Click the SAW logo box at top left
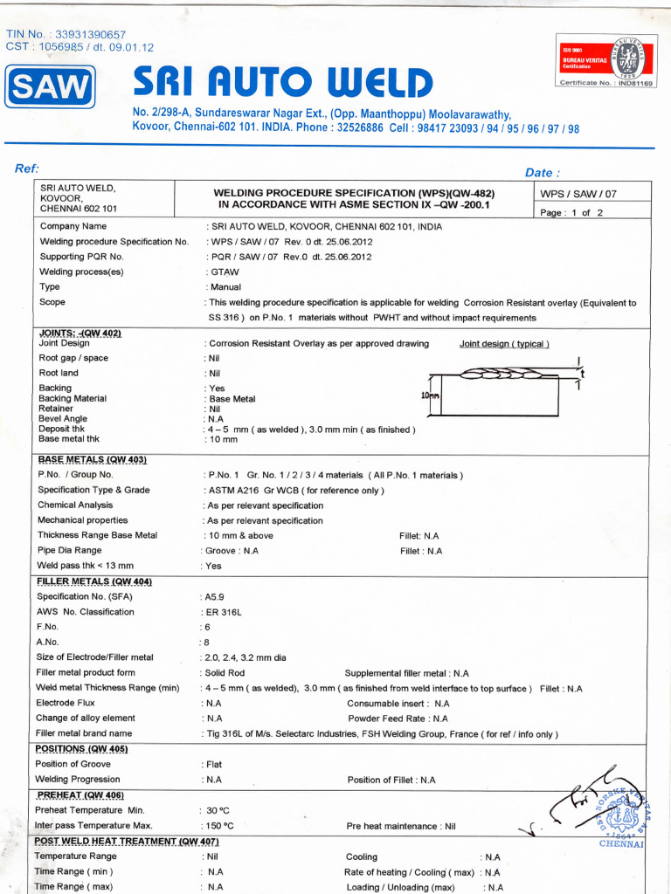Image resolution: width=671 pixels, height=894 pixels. click(x=51, y=87)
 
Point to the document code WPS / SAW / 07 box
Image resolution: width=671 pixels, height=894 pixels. click(x=578, y=194)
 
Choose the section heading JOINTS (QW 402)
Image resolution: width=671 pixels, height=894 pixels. click(x=80, y=334)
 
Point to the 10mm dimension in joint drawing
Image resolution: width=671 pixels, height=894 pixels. click(x=431, y=395)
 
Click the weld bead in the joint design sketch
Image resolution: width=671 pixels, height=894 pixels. click(x=502, y=376)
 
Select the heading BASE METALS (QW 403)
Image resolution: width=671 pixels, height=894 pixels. click(x=92, y=459)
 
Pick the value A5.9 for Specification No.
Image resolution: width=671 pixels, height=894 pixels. click(x=215, y=597)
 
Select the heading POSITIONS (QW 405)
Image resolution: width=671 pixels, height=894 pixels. click(x=81, y=749)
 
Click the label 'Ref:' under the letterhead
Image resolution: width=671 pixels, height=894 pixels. click(x=27, y=168)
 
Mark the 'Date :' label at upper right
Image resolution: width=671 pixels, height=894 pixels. click(x=542, y=173)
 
